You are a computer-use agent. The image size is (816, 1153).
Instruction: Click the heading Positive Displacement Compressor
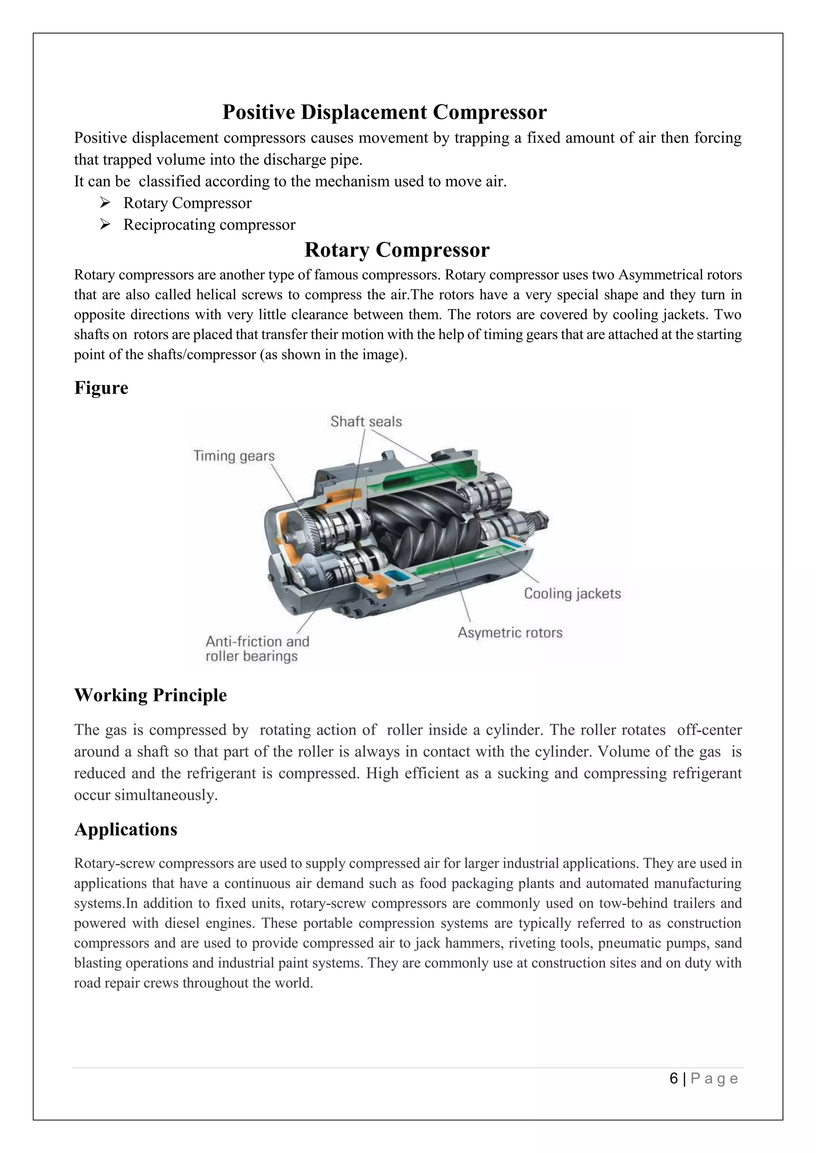click(384, 112)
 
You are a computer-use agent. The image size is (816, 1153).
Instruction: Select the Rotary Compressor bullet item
click(187, 203)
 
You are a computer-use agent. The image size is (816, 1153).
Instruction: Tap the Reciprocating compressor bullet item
click(209, 225)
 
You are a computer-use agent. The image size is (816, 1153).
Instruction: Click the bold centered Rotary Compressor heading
click(396, 250)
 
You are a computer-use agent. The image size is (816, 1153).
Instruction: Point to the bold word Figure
click(101, 388)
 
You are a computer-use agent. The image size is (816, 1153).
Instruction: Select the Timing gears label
click(234, 456)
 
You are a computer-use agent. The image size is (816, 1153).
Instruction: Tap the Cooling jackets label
click(572, 594)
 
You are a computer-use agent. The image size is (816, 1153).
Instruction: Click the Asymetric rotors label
click(510, 633)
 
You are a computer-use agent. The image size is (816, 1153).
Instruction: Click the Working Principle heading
click(150, 695)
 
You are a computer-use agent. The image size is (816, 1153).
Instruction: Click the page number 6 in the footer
click(674, 1078)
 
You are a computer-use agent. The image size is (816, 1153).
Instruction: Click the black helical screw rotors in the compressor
click(427, 522)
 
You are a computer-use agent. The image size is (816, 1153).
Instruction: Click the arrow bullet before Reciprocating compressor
click(105, 225)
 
